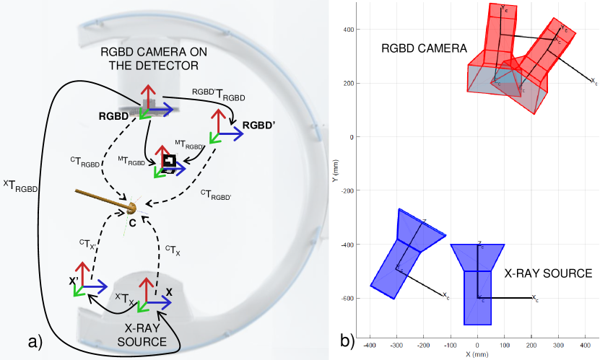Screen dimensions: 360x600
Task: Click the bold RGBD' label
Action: coord(259,124)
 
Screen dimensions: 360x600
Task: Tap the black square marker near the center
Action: coord(170,161)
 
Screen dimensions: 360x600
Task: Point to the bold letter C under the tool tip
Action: coord(132,224)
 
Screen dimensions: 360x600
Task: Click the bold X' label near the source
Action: coord(74,281)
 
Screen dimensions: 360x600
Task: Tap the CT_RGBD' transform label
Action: coord(216,193)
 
